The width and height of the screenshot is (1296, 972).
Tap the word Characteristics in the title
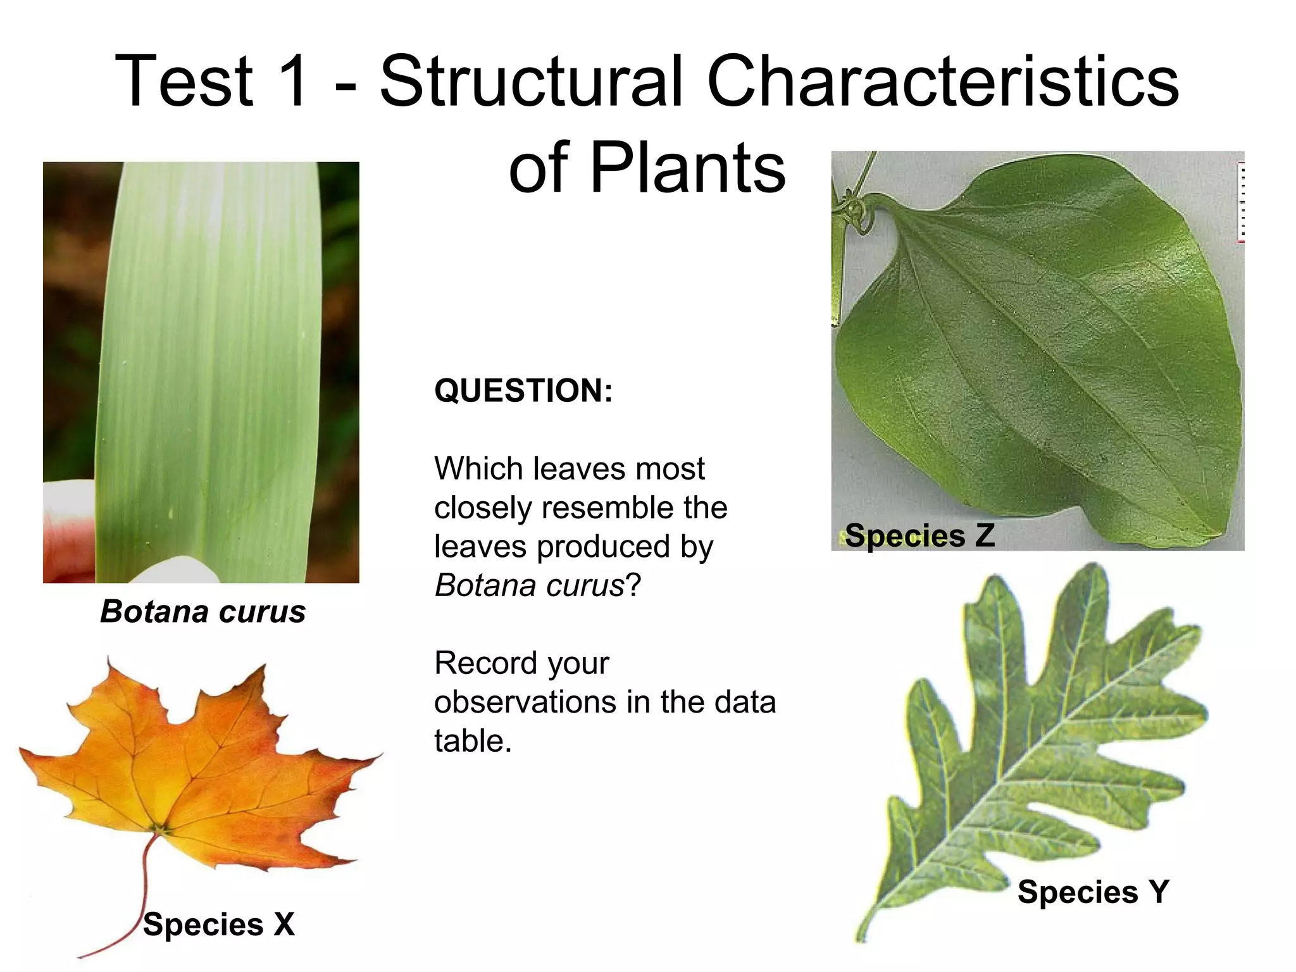(x=942, y=82)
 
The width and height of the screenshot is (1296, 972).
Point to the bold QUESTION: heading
(x=523, y=390)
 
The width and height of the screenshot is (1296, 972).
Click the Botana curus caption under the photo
(x=202, y=612)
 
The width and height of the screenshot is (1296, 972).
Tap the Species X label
(x=219, y=925)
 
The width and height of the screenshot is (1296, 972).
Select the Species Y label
(x=1093, y=892)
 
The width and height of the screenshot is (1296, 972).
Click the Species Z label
(x=919, y=536)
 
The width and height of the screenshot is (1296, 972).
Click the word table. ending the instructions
(x=472, y=741)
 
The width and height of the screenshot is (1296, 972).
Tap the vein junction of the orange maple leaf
(x=163, y=827)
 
